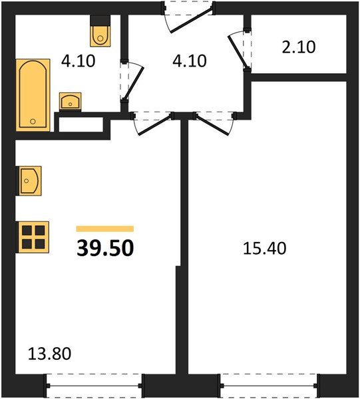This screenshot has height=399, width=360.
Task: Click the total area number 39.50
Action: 105,247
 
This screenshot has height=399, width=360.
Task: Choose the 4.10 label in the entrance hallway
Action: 190,61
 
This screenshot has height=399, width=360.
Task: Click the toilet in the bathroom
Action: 100,33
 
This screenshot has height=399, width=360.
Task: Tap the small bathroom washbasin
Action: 71,101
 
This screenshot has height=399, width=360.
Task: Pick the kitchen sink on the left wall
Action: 30,180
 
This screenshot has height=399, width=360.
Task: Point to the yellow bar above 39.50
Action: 104,228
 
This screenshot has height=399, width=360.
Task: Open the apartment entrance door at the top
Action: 190,19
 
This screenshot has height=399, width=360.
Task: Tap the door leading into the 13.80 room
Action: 152,122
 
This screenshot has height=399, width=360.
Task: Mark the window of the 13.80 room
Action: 94,384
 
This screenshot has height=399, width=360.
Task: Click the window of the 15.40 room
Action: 269,384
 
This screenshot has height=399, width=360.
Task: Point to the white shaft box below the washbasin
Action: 79,124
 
